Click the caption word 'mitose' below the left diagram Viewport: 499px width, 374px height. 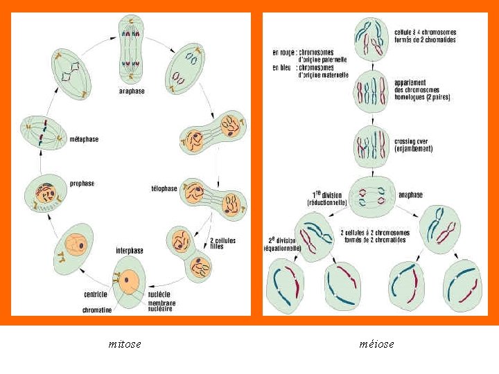point(125,344)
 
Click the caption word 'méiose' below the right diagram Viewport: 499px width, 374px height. point(376,344)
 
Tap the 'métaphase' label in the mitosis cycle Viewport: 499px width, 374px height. point(84,139)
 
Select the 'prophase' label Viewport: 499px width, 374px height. point(82,184)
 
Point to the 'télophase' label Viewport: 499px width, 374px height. point(164,188)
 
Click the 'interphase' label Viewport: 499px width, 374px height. point(130,249)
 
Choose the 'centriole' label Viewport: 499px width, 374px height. point(96,294)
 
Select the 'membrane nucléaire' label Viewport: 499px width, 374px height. point(161,305)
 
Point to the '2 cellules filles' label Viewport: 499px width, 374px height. point(222,243)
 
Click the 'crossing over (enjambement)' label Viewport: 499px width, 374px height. point(413,145)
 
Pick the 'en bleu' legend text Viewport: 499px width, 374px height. point(283,67)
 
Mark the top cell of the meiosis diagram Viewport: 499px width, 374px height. point(371,36)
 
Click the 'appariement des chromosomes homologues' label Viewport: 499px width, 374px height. point(421,90)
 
